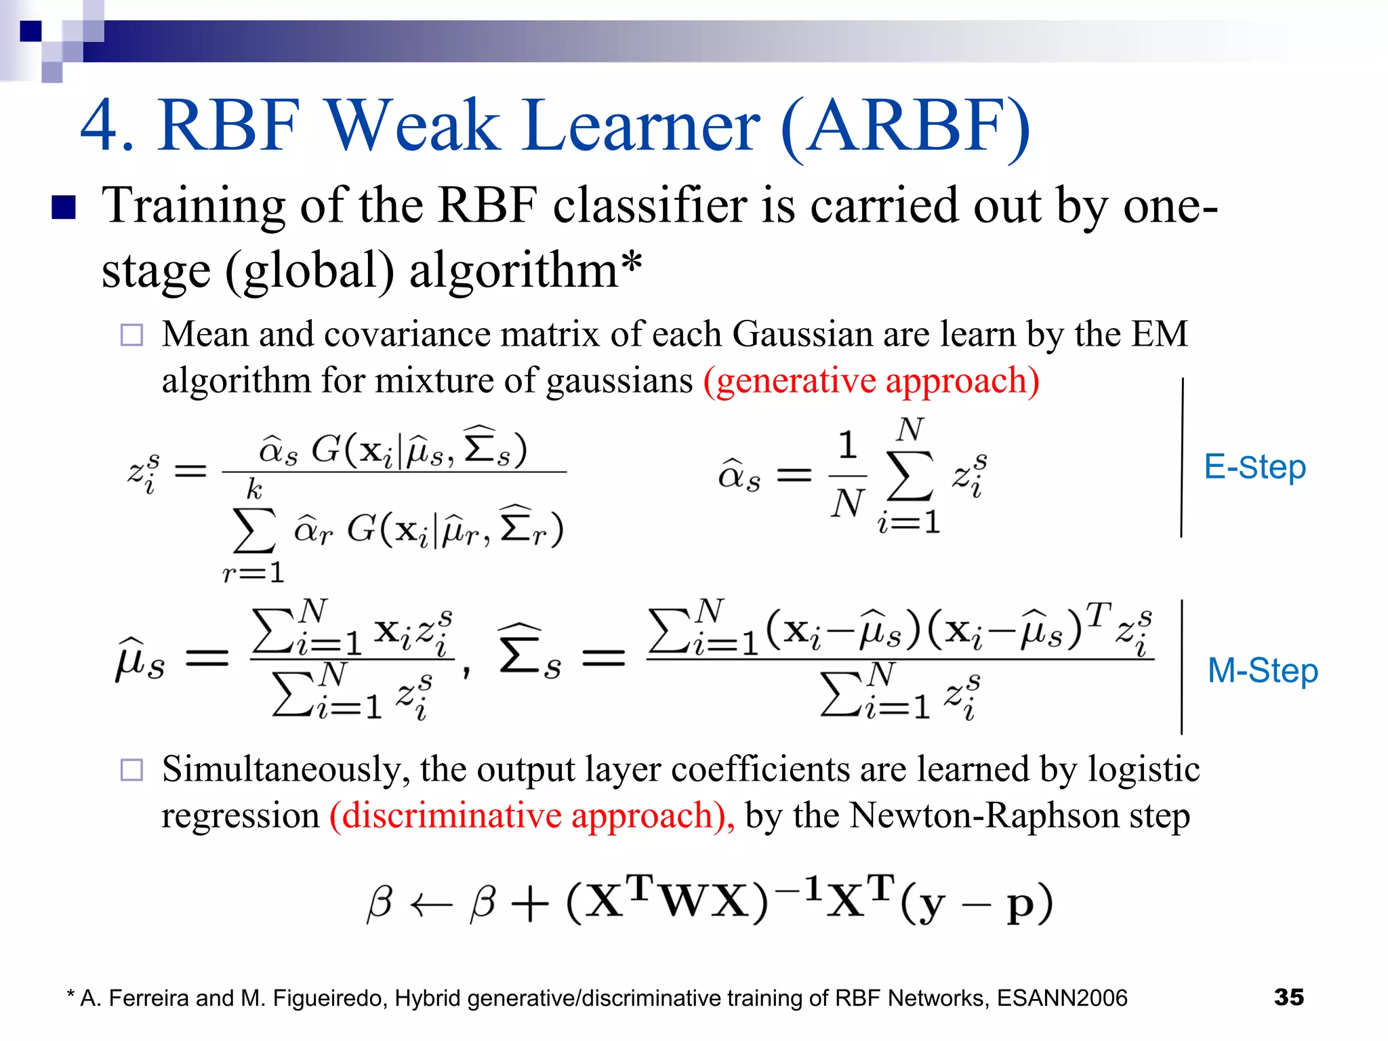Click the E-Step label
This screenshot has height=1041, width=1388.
pyautogui.click(x=1254, y=467)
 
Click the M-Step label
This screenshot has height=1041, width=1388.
pyautogui.click(x=1263, y=670)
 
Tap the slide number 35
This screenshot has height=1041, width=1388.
pyautogui.click(x=1288, y=997)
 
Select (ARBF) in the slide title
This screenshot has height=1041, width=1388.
pyautogui.click(x=906, y=127)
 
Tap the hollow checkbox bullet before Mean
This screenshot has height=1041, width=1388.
pyautogui.click(x=131, y=335)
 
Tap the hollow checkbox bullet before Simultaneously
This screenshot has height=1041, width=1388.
pyautogui.click(x=131, y=770)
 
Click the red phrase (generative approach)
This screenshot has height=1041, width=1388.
pyautogui.click(x=871, y=380)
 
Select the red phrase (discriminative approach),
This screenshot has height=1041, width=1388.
pyautogui.click(x=532, y=815)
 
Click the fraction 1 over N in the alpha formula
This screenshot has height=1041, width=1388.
pyautogui.click(x=847, y=475)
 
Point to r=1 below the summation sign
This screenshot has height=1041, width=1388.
pyautogui.click(x=253, y=573)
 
